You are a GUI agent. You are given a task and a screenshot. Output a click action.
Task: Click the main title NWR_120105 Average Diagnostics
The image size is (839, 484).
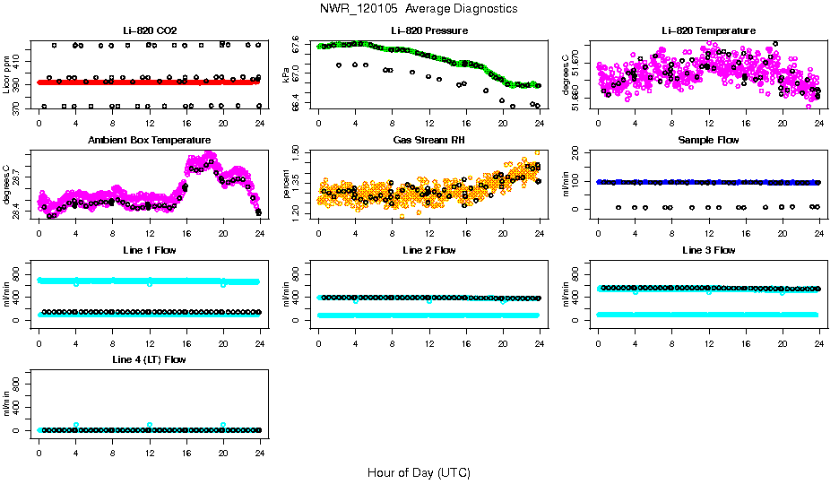[x=418, y=9]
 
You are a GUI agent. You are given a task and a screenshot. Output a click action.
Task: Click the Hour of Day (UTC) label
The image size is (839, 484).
[x=418, y=472]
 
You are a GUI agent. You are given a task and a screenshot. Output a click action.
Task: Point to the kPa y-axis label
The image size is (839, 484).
[x=286, y=75]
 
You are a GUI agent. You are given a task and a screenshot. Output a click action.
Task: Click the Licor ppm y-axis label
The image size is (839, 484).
[x=7, y=75]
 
